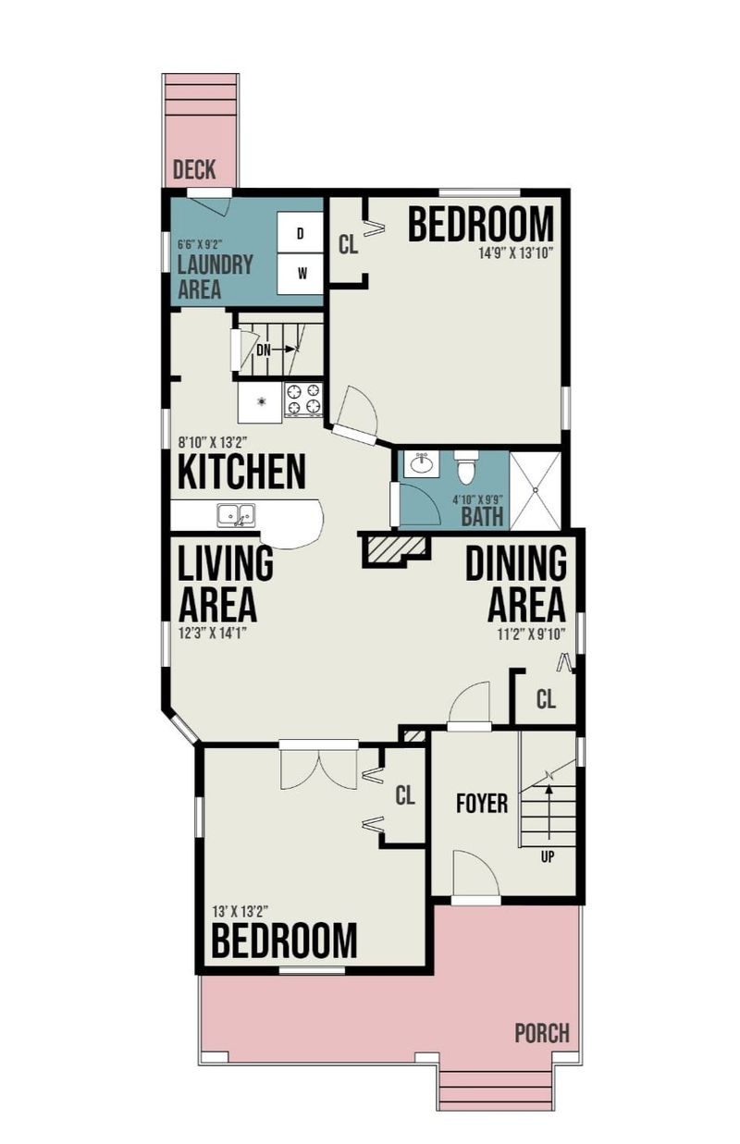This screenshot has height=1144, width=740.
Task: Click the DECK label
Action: click(194, 169)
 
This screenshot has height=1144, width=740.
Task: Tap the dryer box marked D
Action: click(300, 233)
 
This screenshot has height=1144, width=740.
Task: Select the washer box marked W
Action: click(300, 274)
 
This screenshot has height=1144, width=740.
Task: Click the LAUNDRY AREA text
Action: click(215, 277)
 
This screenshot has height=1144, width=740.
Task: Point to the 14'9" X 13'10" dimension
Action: click(516, 253)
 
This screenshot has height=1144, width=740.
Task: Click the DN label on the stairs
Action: click(264, 351)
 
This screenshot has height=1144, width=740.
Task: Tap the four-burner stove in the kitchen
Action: click(304, 399)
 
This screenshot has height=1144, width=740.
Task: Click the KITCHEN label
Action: click(241, 471)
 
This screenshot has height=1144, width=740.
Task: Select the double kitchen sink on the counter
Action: click(236, 515)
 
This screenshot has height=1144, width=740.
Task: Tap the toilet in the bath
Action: click(464, 467)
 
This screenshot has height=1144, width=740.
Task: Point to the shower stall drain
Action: click(536, 489)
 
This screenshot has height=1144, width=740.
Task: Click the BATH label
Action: click(482, 516)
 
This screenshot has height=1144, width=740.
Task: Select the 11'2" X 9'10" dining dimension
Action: click(532, 634)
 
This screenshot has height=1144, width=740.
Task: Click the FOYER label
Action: click(482, 803)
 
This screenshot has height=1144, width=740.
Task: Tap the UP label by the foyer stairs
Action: click(547, 856)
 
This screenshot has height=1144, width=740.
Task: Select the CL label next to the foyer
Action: click(546, 698)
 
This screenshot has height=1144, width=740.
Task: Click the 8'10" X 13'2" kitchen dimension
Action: click(213, 442)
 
